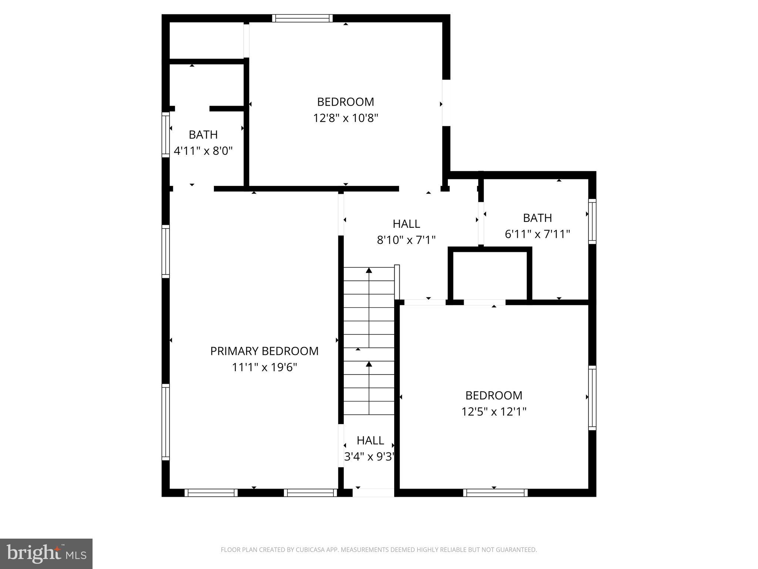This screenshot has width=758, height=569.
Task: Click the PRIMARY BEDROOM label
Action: point(264,351)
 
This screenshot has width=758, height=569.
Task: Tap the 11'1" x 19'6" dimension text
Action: point(264,367)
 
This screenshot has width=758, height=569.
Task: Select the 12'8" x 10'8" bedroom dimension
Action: point(345,118)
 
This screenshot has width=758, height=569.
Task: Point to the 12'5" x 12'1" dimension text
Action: point(493,412)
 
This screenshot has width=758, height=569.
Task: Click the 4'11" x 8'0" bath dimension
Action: point(203,151)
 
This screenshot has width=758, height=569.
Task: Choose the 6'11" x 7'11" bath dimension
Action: point(537,234)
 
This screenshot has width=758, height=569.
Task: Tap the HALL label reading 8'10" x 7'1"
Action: point(406,224)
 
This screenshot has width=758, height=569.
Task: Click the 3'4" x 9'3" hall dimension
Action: point(369,457)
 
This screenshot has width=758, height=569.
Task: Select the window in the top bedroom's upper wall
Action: point(302,19)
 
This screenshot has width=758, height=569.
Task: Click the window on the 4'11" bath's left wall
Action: point(165,135)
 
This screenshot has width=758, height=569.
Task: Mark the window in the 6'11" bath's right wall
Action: point(592,221)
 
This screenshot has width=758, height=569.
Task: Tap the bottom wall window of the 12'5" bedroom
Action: point(495,493)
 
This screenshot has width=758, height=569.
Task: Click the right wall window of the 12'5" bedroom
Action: point(592,397)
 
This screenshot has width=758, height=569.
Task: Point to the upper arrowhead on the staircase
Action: point(369,270)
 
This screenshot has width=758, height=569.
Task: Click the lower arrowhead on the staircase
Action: point(369,364)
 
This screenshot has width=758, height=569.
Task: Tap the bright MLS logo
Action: point(46,553)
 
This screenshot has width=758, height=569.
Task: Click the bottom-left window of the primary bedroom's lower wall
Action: point(211,493)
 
